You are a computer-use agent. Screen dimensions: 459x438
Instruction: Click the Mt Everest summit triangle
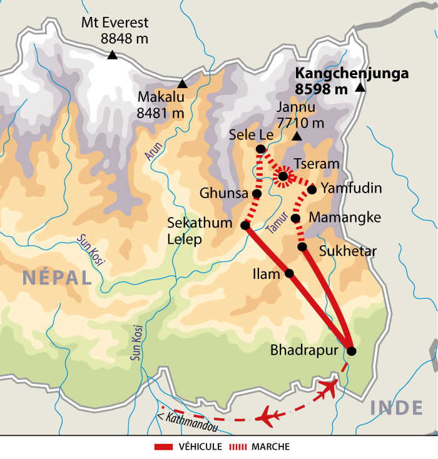point(112,56)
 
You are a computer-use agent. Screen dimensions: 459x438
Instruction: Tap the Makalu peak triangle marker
point(182,84)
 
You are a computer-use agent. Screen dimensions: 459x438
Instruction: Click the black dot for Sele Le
point(260,149)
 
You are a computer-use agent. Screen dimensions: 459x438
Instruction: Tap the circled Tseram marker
point(283,177)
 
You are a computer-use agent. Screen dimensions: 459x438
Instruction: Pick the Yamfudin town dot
point(312,189)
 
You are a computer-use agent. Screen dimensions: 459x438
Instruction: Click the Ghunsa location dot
point(257,194)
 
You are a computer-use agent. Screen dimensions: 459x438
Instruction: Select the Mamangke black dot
point(295,218)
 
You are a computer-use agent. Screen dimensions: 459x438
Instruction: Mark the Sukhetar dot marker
point(302,247)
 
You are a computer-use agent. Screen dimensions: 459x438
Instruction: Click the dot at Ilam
point(289,273)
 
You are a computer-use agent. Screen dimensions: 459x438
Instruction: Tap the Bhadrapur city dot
point(351,351)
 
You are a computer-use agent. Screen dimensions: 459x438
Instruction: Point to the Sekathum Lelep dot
point(245,225)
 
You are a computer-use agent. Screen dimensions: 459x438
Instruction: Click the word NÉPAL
point(57,278)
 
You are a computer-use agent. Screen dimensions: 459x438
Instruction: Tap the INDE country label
point(396,408)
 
